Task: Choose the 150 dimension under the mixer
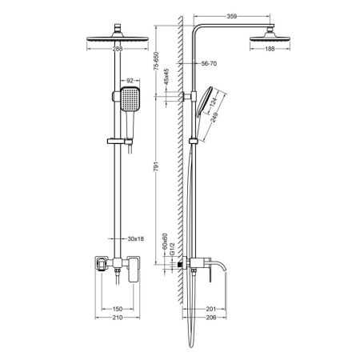pos(116,309)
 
